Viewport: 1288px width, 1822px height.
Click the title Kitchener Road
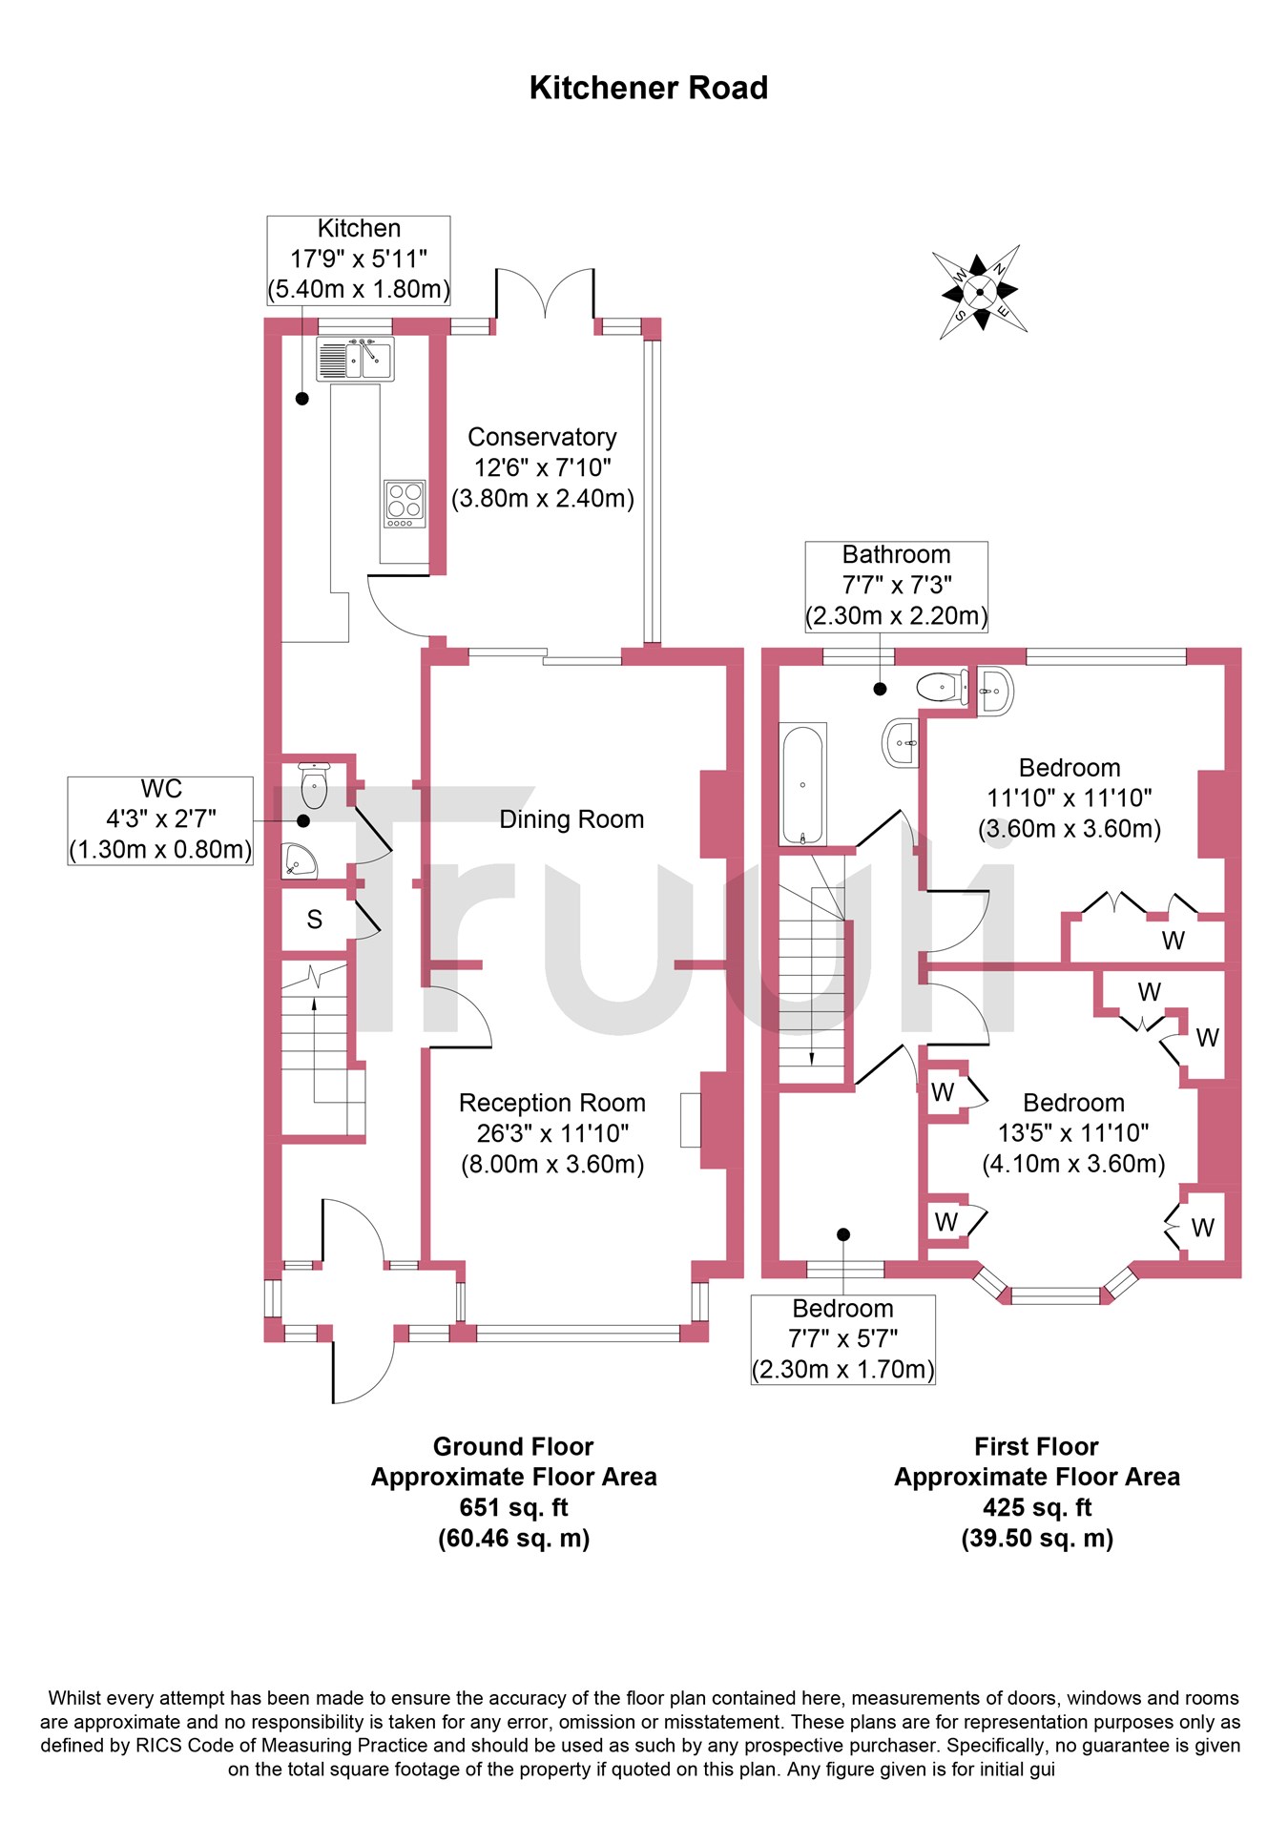pos(648,88)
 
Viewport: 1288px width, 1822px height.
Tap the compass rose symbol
pos(979,292)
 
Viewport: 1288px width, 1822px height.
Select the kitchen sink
pos(356,359)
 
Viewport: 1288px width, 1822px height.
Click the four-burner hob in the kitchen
pos(404,504)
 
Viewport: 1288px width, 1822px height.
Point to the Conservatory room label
pos(542,437)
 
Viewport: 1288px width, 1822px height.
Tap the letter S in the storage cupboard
pos(314,920)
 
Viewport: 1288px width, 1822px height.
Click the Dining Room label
pos(571,819)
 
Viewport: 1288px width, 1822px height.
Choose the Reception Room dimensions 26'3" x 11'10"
pos(552,1133)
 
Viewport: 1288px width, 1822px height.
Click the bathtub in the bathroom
pos(803,784)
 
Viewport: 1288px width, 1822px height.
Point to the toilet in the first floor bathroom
pos(941,686)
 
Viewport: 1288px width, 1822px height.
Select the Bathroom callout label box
pos(896,585)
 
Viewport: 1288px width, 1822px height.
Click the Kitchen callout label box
pos(358,259)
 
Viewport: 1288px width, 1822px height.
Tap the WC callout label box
pos(160,819)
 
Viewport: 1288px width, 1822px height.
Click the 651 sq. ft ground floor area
pos(513,1507)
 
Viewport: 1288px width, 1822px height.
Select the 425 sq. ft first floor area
pos(1036,1507)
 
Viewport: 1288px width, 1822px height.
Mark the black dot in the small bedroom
pos(843,1234)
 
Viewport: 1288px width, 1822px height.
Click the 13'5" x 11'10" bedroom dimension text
pos(1073,1133)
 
